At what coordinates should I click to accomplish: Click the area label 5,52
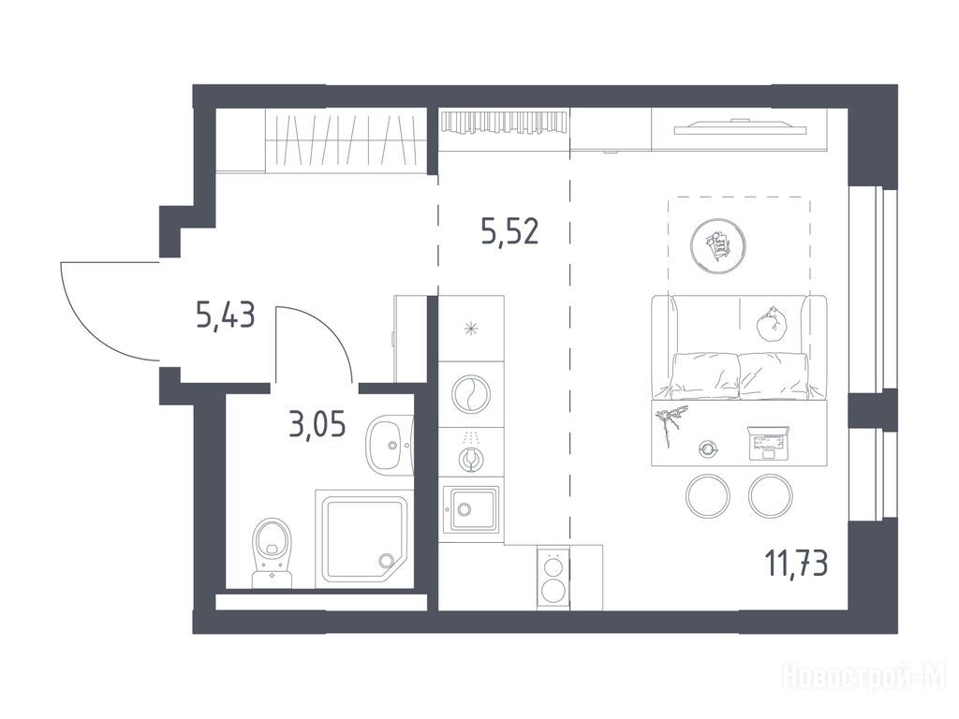point(509,232)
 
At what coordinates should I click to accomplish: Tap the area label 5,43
point(225,315)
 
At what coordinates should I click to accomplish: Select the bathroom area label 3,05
point(317,424)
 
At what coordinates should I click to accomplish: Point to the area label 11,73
point(797,563)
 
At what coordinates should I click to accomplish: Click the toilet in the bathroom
point(273,553)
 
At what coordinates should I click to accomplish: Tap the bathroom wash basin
point(390,445)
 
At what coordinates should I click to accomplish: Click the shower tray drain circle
point(386,560)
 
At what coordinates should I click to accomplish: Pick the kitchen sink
point(470,509)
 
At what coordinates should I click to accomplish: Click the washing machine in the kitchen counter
point(471,393)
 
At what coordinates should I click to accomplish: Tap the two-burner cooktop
point(553,577)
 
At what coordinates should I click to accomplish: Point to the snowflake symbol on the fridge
point(471,330)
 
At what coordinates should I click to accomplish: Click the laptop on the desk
point(768,443)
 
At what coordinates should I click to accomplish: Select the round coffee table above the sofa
point(718,246)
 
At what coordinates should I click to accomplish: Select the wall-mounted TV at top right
point(741,126)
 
